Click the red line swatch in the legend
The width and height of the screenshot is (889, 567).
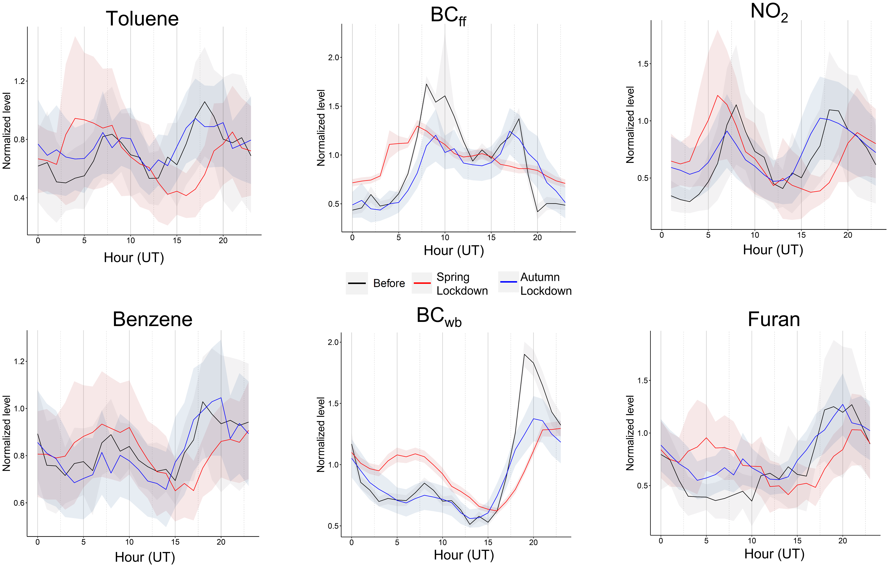[422, 283]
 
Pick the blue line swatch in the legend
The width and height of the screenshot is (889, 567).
[508, 282]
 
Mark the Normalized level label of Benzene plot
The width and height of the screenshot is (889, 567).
[7, 433]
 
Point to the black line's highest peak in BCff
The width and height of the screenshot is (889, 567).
[426, 84]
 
